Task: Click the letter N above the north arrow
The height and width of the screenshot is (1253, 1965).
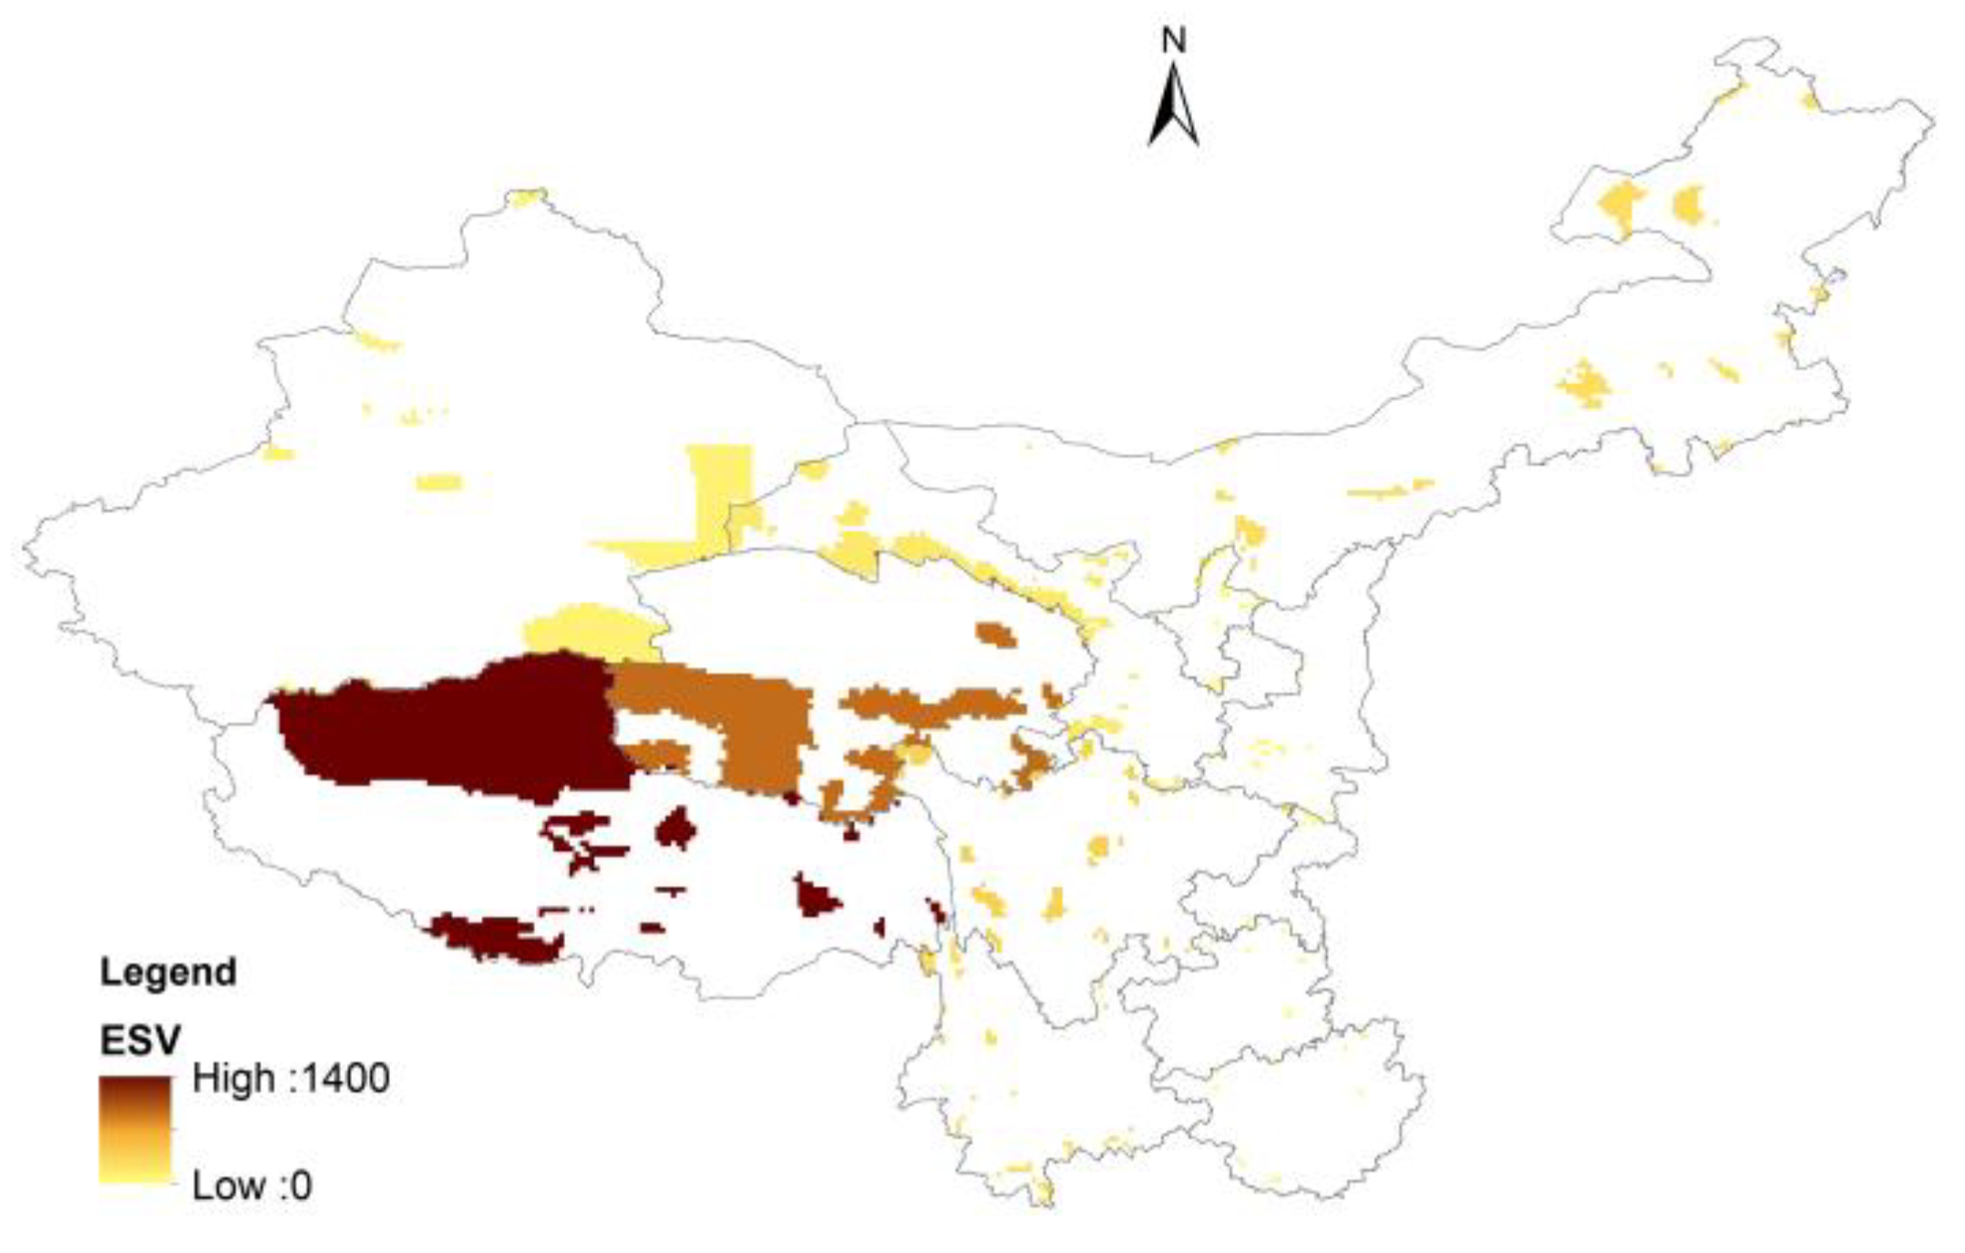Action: [x=1174, y=40]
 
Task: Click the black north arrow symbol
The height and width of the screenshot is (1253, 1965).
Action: [x=1174, y=108]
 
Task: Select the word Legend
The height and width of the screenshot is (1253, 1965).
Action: [x=169, y=972]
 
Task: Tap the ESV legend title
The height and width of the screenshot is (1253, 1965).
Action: [x=140, y=1040]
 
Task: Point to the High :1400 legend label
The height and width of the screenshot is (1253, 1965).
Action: [x=291, y=1079]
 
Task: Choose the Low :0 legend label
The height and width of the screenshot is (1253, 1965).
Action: [x=252, y=1186]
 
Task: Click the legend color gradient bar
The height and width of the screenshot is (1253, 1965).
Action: [x=135, y=1130]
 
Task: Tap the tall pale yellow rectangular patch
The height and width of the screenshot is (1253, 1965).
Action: [x=720, y=492]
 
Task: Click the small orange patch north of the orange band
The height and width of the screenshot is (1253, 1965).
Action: [x=995, y=633]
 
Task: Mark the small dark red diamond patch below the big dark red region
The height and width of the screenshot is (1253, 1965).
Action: [x=676, y=829]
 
